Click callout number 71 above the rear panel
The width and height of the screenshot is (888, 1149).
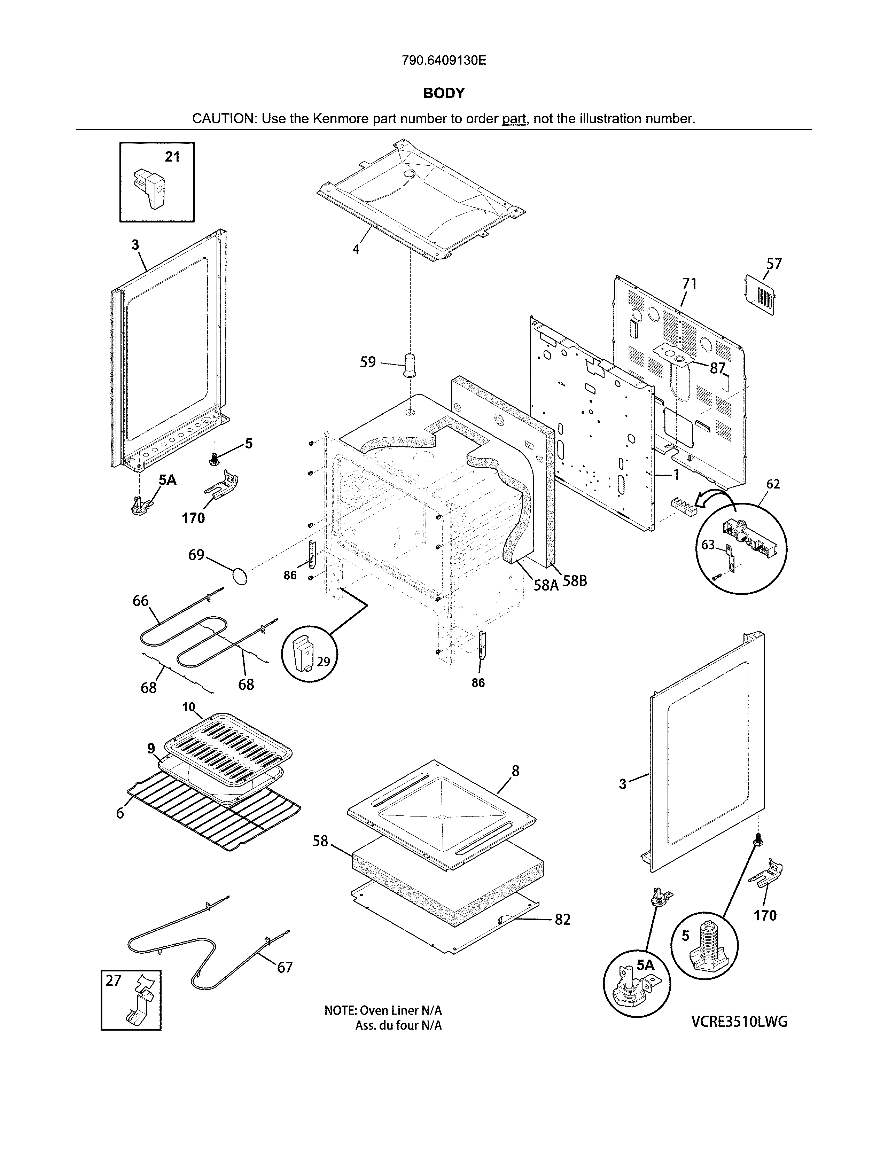[x=689, y=284]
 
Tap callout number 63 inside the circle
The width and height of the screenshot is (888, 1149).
[x=708, y=545]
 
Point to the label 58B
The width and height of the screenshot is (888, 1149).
[x=575, y=582]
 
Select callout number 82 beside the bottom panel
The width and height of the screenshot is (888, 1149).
[x=562, y=920]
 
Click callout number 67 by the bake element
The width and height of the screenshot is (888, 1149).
[x=285, y=967]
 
